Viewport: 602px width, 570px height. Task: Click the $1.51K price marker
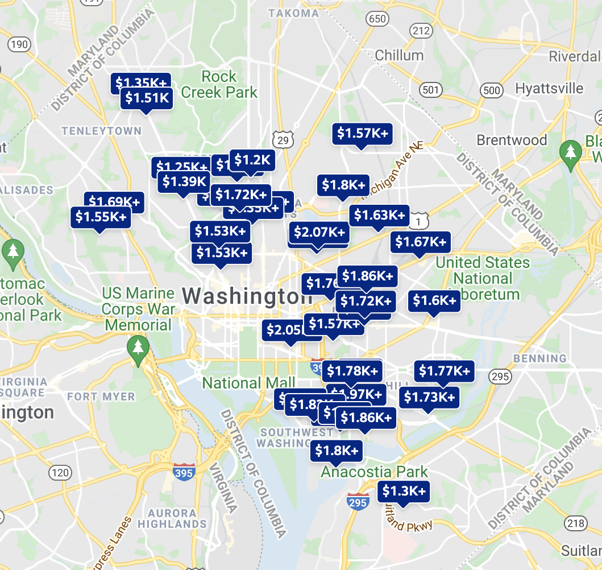point(147,98)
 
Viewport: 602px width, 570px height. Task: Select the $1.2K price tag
point(252,160)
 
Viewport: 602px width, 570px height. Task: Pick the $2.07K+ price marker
point(319,232)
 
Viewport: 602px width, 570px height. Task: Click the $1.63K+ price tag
point(380,215)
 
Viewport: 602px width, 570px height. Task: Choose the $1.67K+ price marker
point(421,242)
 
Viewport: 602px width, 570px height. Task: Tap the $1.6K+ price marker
point(434,300)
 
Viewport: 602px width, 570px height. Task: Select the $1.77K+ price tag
point(445,371)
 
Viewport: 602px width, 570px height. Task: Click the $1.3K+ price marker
point(404,491)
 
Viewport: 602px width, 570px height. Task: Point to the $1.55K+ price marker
point(101,217)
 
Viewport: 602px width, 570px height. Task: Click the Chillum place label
point(399,55)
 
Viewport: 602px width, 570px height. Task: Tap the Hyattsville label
point(549,88)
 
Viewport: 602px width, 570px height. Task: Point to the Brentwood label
point(512,140)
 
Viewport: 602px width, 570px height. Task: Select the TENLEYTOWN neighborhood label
point(101,131)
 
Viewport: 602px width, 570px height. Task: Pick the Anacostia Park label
point(374,472)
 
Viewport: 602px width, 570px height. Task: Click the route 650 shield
point(377,20)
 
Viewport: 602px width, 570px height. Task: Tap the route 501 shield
point(430,89)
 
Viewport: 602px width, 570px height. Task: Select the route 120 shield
point(60,472)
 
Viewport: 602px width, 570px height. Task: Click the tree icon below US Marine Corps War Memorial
point(137,346)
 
